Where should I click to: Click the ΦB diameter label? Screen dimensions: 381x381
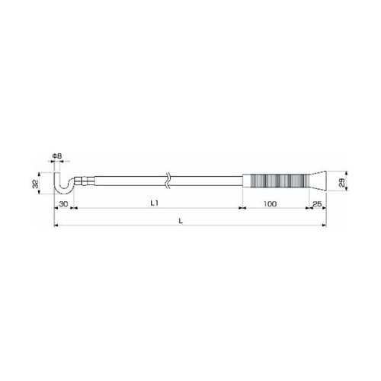coord(57,157)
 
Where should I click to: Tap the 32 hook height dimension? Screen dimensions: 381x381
coord(36,184)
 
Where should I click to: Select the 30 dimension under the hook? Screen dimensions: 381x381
coord(63,205)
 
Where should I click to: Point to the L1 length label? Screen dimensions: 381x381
coord(153,205)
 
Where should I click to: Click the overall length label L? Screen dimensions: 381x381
coord(181,221)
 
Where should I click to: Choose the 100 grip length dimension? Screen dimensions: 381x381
coord(269,205)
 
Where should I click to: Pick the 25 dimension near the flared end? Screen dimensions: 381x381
coord(316,205)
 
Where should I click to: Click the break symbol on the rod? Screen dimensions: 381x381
coord(167,181)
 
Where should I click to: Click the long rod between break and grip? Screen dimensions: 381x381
coord(206,181)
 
